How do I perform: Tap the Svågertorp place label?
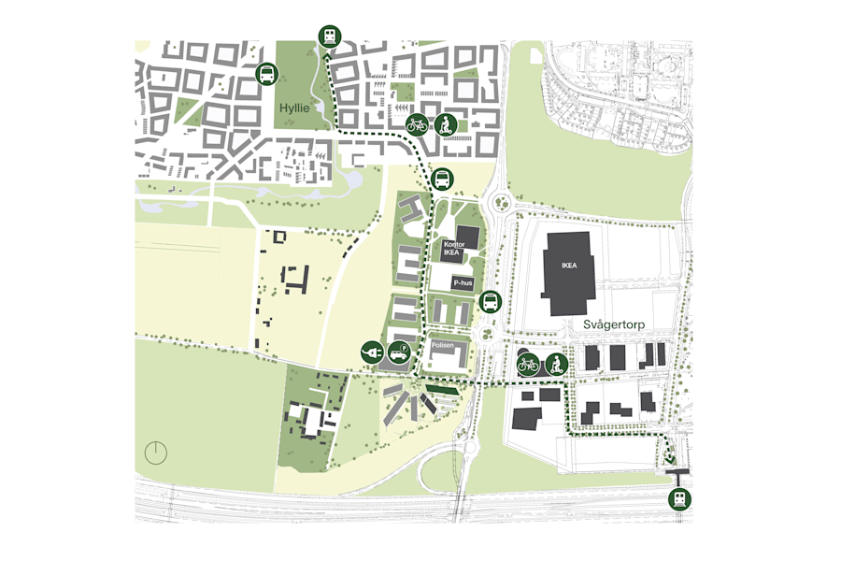(x=614, y=324)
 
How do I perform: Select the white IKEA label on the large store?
(x=569, y=265)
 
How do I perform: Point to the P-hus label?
(x=463, y=282)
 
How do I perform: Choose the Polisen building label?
(x=443, y=346)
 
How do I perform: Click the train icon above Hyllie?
(x=329, y=36)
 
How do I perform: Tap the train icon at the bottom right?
(x=680, y=498)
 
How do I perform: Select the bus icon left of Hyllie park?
(x=266, y=74)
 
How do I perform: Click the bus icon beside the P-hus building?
(x=490, y=302)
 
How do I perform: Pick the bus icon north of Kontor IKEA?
(x=443, y=178)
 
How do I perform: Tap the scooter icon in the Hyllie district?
(x=446, y=123)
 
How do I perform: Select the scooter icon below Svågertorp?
(x=556, y=365)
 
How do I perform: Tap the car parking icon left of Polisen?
(x=399, y=352)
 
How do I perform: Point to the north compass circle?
(x=156, y=453)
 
